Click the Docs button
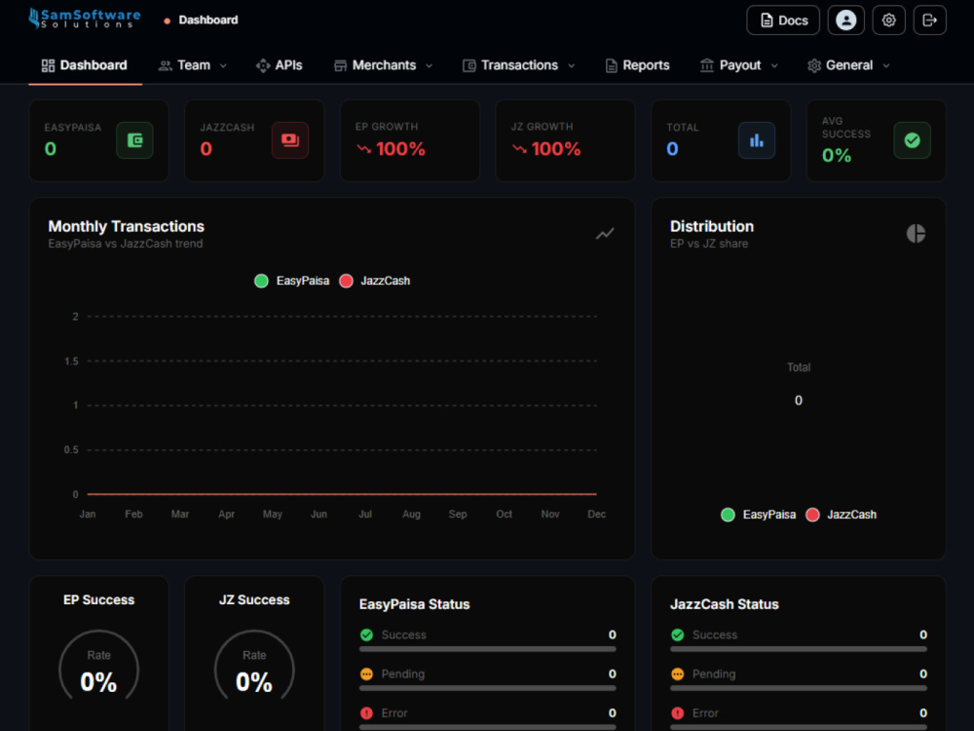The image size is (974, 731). coord(783,20)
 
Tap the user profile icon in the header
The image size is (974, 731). coord(845,20)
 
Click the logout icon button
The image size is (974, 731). coord(929,20)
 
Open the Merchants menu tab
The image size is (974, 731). coord(383,65)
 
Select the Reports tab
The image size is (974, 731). coord(637,65)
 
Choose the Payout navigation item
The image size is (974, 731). coord(738,65)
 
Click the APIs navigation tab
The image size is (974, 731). coord(279,65)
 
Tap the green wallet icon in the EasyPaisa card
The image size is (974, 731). coord(134,140)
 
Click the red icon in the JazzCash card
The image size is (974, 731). coord(290,140)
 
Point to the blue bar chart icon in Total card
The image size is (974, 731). coord(757,140)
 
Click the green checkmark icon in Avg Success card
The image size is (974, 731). coord(912,140)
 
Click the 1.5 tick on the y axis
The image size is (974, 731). coord(71,362)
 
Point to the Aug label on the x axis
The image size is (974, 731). coord(411,514)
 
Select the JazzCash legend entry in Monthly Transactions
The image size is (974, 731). coord(375,281)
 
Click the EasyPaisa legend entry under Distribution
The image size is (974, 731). coord(758,515)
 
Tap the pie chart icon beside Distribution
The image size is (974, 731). coord(916,234)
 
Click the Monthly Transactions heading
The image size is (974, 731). coord(126,226)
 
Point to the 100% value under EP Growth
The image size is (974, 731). coord(400,149)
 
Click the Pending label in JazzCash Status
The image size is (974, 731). coord(714,673)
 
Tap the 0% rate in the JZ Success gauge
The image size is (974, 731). coord(254,682)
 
